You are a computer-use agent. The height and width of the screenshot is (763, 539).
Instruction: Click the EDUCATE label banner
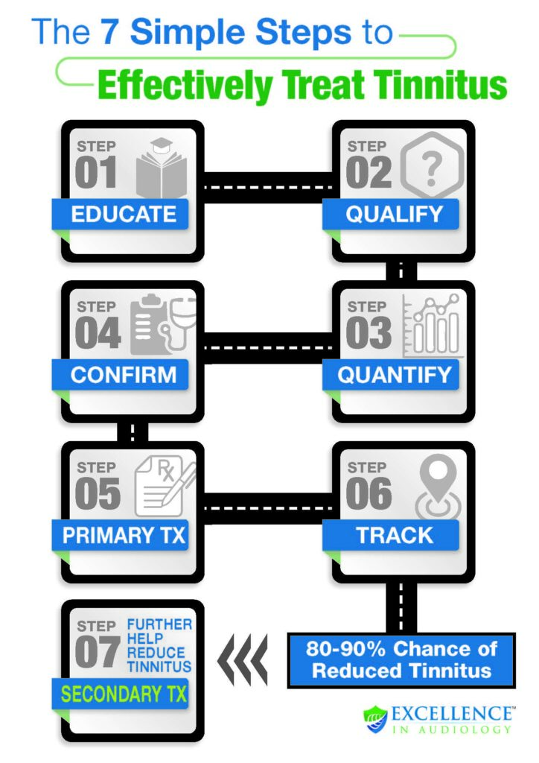point(124,215)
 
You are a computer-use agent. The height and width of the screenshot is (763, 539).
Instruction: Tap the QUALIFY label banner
point(393,215)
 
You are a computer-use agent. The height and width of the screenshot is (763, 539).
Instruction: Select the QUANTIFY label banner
point(393,375)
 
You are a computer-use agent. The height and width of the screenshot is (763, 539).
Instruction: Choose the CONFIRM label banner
point(124,375)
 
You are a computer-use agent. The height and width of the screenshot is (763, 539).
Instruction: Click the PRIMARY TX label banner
point(124,535)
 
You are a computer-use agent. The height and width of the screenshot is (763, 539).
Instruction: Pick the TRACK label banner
point(393,535)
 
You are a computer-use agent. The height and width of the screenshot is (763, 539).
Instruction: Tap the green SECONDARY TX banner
point(124,694)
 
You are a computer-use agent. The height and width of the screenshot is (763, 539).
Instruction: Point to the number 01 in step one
point(96,173)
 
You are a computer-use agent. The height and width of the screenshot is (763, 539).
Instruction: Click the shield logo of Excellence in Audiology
point(375,718)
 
